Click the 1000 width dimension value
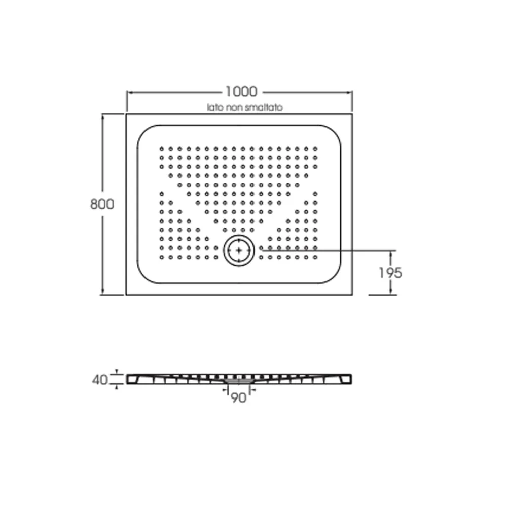click(241, 92)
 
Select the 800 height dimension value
click(102, 204)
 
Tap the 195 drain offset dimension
click(390, 273)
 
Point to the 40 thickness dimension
click(100, 380)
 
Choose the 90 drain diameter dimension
click(239, 398)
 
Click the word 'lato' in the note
click(215, 107)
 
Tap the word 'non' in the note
click(234, 107)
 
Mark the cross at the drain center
click(239, 250)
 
